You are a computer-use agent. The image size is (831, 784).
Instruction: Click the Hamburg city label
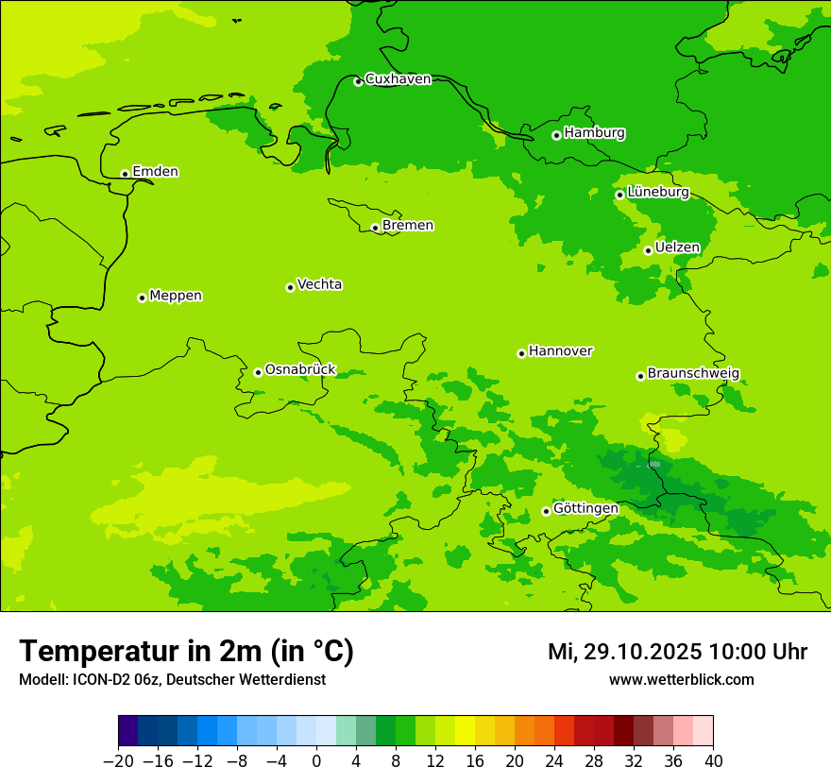[594, 133]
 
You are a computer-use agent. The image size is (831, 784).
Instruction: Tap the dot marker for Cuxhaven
[358, 81]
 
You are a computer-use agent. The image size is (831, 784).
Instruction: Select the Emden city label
[155, 172]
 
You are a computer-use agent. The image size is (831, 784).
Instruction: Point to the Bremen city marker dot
[375, 228]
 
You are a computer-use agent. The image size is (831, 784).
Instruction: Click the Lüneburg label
[657, 192]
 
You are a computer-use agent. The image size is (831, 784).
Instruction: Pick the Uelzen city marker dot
[648, 250]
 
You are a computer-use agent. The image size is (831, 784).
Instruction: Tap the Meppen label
[176, 296]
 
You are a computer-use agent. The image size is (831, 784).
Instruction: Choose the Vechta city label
[319, 284]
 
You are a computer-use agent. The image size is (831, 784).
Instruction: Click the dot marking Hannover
[521, 353]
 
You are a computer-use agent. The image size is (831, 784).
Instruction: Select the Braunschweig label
[693, 373]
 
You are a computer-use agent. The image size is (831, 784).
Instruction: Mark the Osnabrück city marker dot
[258, 372]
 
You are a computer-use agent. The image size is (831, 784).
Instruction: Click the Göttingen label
[585, 508]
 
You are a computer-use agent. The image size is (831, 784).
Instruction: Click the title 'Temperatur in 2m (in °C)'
[186, 652]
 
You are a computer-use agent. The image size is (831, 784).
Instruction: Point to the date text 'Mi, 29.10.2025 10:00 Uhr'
[677, 652]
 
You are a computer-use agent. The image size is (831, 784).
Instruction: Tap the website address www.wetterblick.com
[681, 679]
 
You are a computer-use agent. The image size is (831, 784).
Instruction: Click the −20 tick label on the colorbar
[118, 761]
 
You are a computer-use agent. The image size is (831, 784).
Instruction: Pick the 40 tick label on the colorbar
[713, 761]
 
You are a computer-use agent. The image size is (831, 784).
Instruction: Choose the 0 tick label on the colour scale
[316, 761]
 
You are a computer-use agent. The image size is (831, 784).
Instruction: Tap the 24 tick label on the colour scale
[554, 761]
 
